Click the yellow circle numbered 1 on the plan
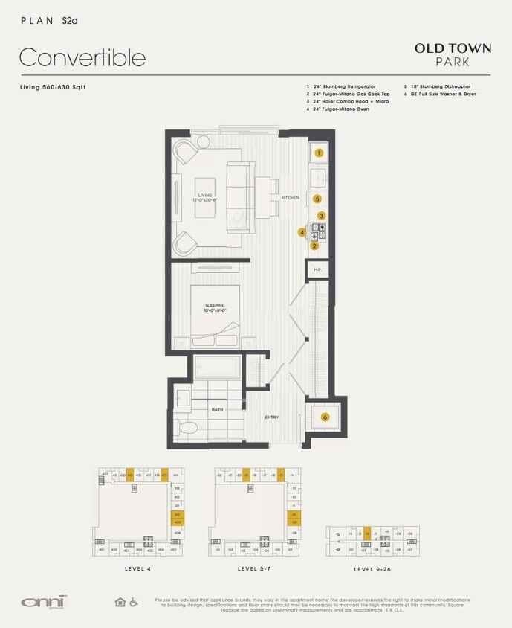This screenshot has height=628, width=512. [319, 153]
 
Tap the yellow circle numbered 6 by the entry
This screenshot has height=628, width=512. [325, 417]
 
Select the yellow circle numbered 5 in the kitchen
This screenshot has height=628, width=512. [317, 199]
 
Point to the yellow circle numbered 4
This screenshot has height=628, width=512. [302, 232]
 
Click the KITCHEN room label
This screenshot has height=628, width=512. [290, 198]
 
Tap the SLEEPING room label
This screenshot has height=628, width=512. [215, 306]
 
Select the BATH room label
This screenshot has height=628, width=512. [218, 409]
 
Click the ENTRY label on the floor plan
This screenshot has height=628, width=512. [272, 417]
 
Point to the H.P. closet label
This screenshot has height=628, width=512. [317, 269]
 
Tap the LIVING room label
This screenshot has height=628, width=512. [205, 196]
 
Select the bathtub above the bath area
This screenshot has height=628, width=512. [218, 367]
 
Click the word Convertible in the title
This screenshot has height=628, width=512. [82, 57]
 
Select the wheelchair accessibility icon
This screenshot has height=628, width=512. [134, 602]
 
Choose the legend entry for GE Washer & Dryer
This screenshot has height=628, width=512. [440, 94]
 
